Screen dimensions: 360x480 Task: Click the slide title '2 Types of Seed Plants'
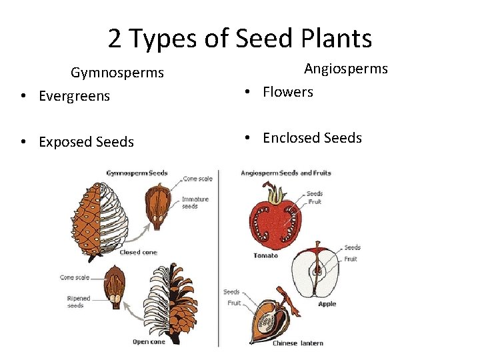[x=240, y=39]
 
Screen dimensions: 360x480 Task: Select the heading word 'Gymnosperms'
[x=117, y=72]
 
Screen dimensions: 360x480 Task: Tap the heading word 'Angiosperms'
[x=346, y=69]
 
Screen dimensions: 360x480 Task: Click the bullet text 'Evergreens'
[x=74, y=96]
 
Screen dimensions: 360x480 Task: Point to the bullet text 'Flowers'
[x=287, y=92]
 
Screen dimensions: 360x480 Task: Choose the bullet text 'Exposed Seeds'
[x=86, y=142]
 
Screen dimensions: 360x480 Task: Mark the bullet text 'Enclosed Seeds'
[x=312, y=138]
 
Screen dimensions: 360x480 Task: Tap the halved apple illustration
[x=316, y=272]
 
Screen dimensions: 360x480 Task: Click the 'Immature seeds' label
[x=195, y=202]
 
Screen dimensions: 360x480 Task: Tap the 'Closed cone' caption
[x=139, y=253]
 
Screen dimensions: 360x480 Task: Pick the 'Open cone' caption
[x=149, y=342]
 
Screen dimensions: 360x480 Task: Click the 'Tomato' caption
[x=265, y=255]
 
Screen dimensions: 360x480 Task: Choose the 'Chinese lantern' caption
[x=297, y=343]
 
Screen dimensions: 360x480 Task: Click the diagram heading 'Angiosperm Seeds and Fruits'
[x=285, y=173]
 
